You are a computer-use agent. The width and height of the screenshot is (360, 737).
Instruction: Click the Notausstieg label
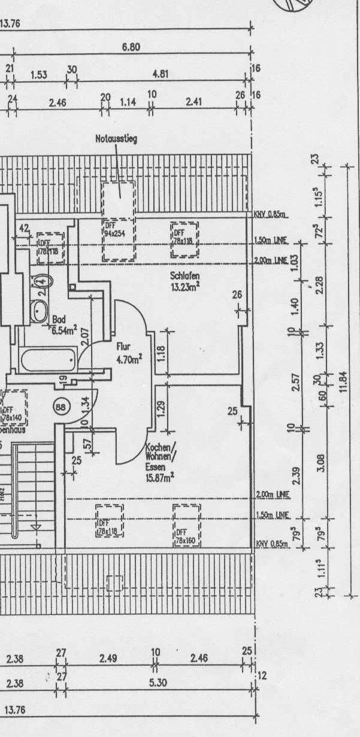[x=116, y=139]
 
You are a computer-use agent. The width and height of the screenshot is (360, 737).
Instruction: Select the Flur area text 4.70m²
[x=129, y=359]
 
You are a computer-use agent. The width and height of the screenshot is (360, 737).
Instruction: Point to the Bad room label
[x=58, y=319]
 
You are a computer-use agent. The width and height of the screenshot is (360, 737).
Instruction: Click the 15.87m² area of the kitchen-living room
[x=161, y=478]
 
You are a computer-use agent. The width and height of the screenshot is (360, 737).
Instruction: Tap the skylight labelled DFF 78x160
[x=186, y=524]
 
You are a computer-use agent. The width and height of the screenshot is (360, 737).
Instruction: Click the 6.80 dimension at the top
[x=131, y=47]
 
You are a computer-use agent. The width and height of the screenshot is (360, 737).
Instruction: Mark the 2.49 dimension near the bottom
[x=108, y=659]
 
